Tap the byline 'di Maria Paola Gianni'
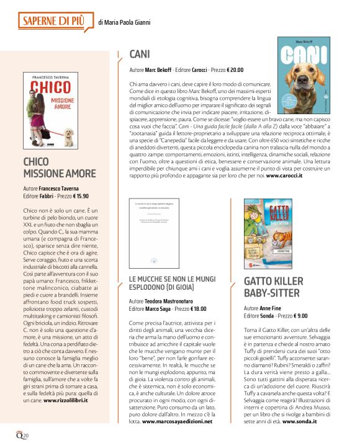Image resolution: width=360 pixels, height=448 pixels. (x=124, y=23)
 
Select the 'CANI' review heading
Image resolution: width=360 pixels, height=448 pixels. (x=141, y=54)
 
